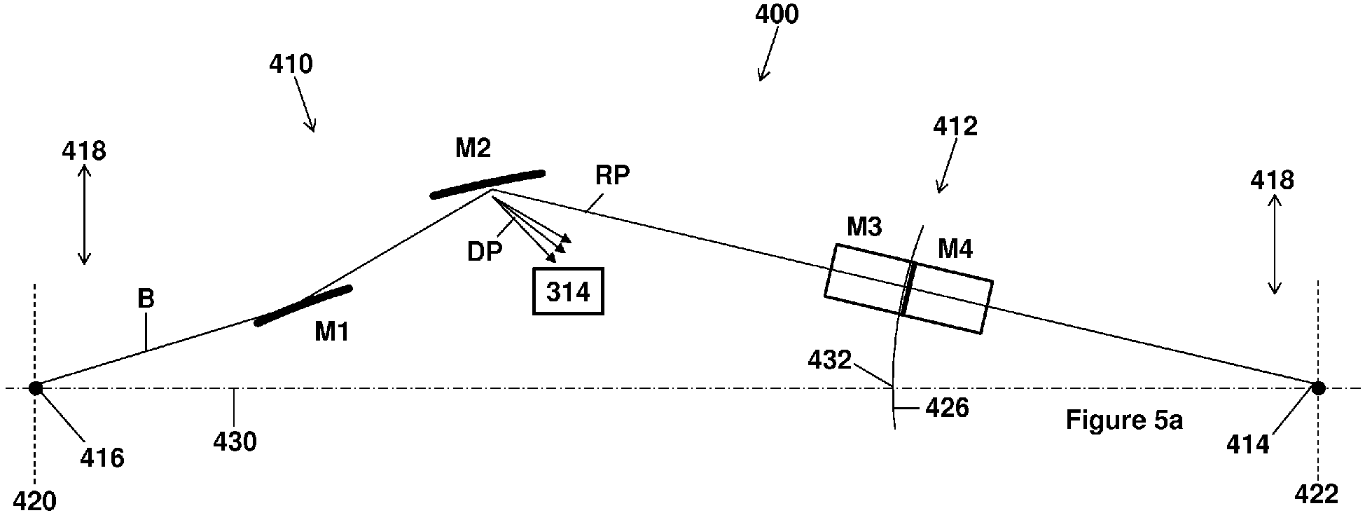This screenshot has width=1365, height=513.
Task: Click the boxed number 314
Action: [568, 291]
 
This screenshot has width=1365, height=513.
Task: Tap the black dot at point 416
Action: [35, 388]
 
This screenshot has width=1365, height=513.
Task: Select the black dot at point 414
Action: [1318, 388]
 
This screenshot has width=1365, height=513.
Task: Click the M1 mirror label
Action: [331, 331]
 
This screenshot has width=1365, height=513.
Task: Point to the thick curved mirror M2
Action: [487, 183]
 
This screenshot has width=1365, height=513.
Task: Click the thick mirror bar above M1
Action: [303, 305]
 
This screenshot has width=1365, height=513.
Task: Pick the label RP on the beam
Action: [612, 175]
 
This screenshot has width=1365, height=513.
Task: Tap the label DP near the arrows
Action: [485, 251]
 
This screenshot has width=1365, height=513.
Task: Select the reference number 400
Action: [777, 15]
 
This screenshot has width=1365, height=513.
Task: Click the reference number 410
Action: [291, 64]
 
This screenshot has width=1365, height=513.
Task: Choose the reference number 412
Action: [955, 126]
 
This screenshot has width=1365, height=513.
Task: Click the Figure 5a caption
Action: [1124, 420]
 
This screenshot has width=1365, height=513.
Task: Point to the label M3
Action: [864, 227]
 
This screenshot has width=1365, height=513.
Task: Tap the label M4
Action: [955, 249]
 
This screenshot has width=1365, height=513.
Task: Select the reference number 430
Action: [235, 442]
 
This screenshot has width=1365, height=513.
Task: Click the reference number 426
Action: [948, 408]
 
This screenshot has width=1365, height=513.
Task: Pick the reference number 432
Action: [830, 360]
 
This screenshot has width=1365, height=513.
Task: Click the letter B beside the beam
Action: [146, 299]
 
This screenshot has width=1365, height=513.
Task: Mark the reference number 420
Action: [35, 500]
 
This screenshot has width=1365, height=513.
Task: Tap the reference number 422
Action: [1317, 495]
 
